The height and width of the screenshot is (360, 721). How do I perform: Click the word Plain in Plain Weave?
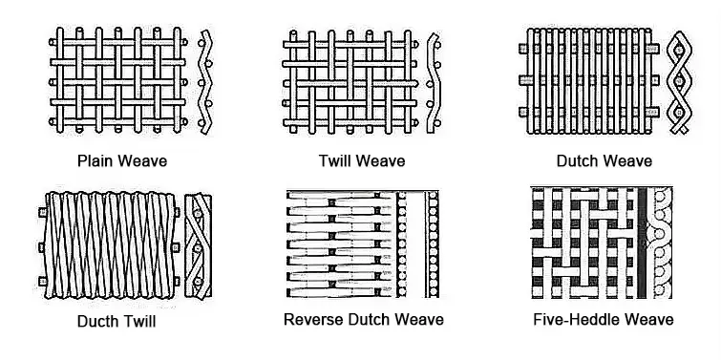coord(95,161)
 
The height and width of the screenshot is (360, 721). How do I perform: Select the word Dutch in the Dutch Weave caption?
coord(578,161)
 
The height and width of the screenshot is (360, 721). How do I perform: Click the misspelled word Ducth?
coord(97,321)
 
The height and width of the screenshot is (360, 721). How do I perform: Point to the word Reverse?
coord(313,319)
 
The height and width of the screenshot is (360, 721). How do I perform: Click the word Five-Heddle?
coord(580,319)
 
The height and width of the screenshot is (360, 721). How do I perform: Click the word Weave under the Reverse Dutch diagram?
coord(419,319)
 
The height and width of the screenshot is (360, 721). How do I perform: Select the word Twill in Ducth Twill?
coord(138,321)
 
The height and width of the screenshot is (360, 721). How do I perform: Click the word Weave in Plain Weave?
coord(140,161)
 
